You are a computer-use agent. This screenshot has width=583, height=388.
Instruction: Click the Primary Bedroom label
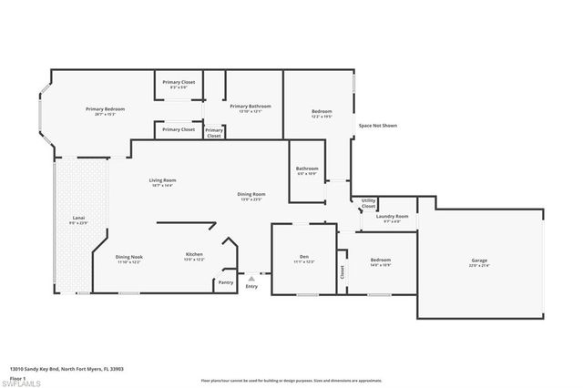click(x=105, y=109)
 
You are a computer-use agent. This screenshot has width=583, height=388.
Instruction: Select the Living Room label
click(x=163, y=180)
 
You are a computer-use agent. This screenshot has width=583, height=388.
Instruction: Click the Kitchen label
click(x=194, y=255)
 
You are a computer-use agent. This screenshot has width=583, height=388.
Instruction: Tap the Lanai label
click(x=78, y=219)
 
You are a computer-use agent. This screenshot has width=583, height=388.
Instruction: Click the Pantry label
click(x=226, y=282)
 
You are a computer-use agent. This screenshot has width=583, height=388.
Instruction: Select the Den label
click(x=305, y=258)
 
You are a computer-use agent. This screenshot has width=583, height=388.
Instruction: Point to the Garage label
click(x=479, y=261)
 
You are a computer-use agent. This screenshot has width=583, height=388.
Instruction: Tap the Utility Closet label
click(x=368, y=203)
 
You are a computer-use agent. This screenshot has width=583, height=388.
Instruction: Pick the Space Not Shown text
click(x=376, y=125)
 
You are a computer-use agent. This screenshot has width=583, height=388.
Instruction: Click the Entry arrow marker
click(x=251, y=277)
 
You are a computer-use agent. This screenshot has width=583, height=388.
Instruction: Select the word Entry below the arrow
click(x=251, y=287)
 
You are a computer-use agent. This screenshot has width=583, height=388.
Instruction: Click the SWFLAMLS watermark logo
click(x=23, y=378)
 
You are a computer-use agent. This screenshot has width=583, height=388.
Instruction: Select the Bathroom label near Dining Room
click(x=307, y=168)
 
